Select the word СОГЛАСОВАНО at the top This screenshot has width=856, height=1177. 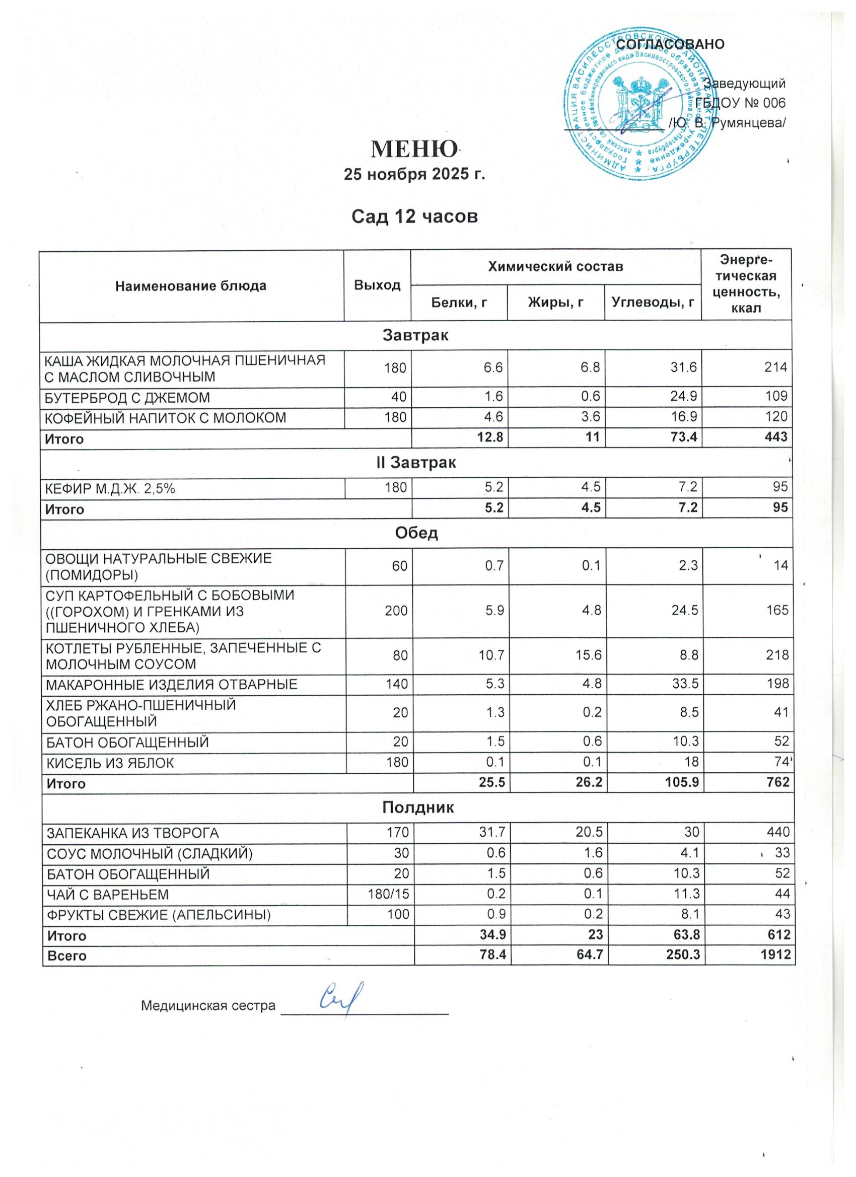[670, 45]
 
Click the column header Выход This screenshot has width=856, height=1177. [377, 285]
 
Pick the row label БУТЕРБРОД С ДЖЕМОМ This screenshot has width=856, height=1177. [127, 398]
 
